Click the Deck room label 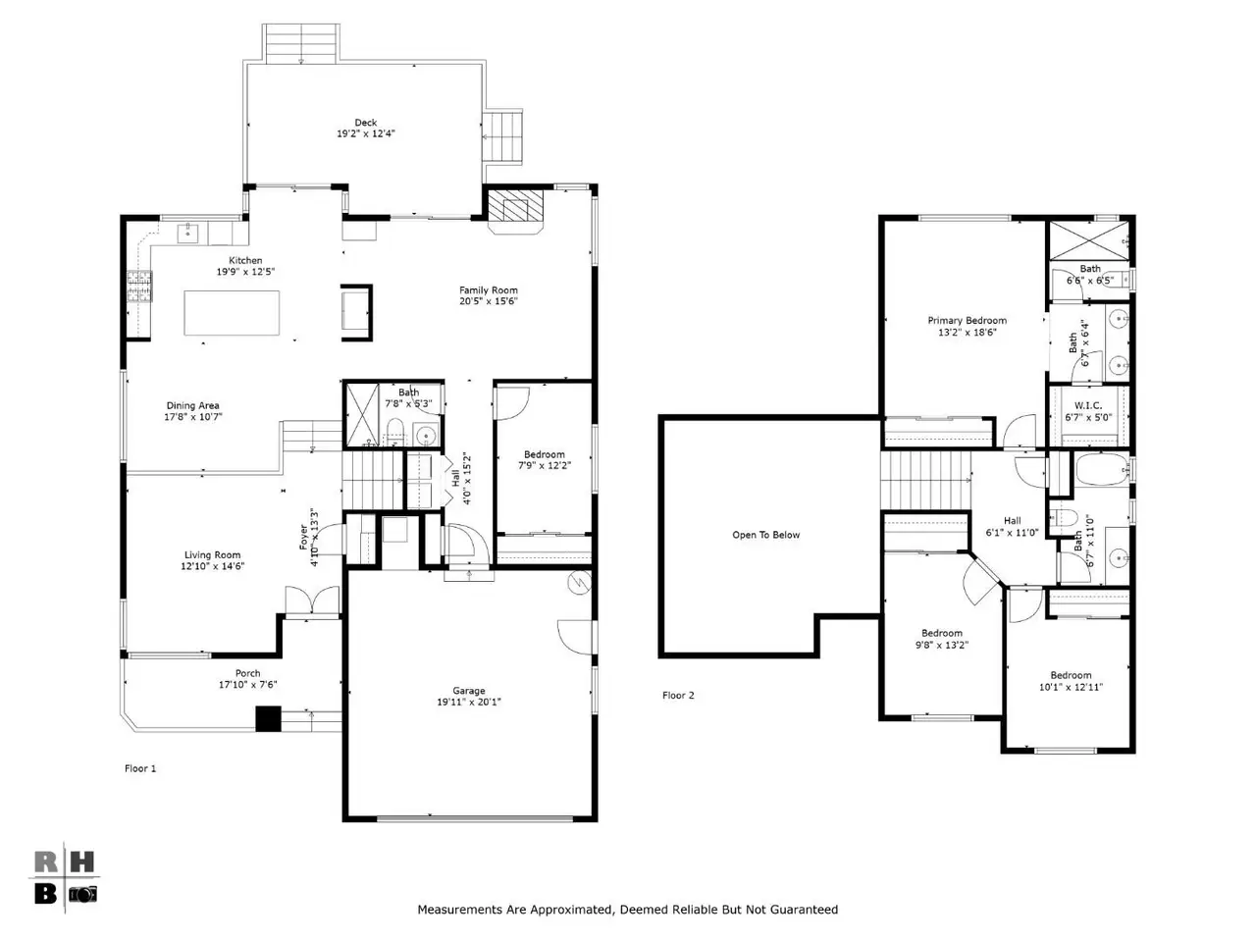tap(365, 123)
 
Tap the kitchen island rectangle tap(232, 312)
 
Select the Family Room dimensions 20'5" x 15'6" tap(488, 301)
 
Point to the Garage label tap(469, 691)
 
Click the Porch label tap(248, 673)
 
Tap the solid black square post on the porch tap(268, 719)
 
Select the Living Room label tap(212, 554)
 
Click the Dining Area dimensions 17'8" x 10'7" tap(193, 417)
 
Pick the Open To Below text tap(765, 535)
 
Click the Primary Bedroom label tap(968, 320)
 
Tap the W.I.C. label tap(1088, 405)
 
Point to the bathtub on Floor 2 tap(1102, 470)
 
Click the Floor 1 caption tap(140, 768)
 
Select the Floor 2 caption tap(678, 695)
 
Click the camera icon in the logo tap(83, 894)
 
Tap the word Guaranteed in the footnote tap(803, 910)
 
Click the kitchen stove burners tap(139, 286)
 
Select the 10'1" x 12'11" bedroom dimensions tap(1071, 687)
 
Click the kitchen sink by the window tap(187, 234)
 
